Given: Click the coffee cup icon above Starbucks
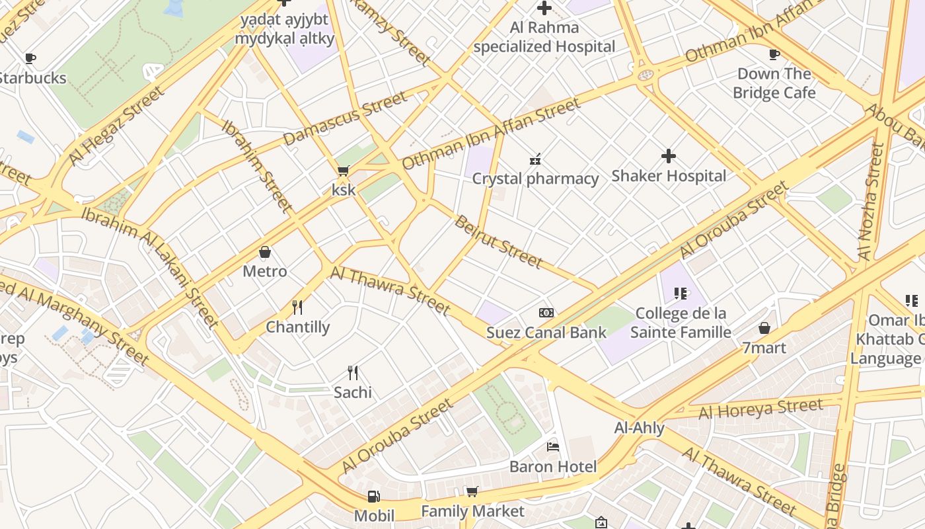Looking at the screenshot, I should click(x=30, y=59).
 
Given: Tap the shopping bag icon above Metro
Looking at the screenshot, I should click(x=265, y=252).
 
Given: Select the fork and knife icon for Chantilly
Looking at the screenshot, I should click(x=297, y=307).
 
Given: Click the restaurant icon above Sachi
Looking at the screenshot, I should click(x=353, y=373).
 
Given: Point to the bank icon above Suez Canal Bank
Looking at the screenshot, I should click(x=546, y=313).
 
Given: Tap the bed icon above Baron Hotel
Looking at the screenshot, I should click(x=553, y=448).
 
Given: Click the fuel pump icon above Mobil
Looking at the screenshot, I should click(x=374, y=497).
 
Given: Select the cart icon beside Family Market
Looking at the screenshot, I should click(x=472, y=492).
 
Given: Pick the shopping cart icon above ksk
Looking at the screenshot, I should click(x=343, y=171).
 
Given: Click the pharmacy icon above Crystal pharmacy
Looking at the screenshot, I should click(x=535, y=159).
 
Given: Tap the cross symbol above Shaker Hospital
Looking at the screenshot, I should click(x=669, y=157).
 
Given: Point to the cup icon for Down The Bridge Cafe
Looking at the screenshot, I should click(x=774, y=54).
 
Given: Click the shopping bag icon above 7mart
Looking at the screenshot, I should click(x=764, y=328).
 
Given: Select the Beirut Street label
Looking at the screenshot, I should click(x=499, y=242).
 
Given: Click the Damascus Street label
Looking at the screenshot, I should click(x=345, y=119).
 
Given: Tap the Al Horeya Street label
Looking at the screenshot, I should click(x=760, y=409).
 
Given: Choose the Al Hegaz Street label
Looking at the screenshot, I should click(x=116, y=126).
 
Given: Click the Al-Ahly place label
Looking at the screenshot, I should click(x=639, y=428).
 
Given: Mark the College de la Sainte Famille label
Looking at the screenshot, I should click(x=681, y=322).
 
